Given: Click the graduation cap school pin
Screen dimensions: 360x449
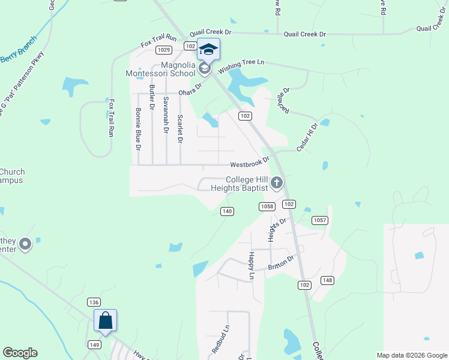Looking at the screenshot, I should point(208,50).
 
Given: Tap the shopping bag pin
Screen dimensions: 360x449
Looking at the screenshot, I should point(105,320).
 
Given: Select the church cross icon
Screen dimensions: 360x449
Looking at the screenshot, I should point(277,182).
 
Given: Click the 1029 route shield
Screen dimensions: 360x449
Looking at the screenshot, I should point(164,50).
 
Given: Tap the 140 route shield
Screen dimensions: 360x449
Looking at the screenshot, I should point(227,211).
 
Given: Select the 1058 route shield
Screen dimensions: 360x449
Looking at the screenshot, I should point(267,206).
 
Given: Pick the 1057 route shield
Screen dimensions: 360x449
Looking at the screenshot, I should point(320,220).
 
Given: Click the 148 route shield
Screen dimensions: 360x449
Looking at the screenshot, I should point(327,280).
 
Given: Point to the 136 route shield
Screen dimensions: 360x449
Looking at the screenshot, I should point(93,302).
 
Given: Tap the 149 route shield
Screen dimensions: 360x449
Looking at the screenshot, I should point(94,344).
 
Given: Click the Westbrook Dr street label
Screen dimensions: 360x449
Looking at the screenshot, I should point(250,165).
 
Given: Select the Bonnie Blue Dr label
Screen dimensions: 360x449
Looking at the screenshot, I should point(138,128).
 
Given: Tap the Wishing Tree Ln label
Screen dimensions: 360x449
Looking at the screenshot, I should point(241,66).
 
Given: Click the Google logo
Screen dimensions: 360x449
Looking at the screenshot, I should point(20,353).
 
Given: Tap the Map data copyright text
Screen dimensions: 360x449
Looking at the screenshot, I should point(411,355).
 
